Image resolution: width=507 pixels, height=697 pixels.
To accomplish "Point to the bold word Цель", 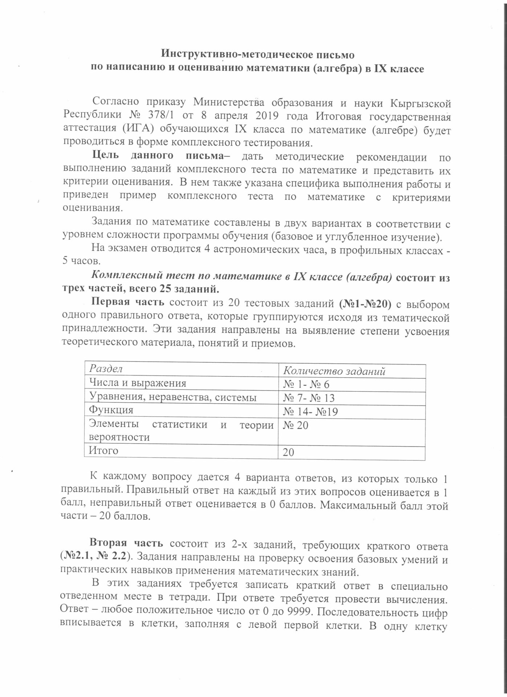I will point(106,157).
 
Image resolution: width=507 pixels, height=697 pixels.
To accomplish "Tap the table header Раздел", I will point(106,368).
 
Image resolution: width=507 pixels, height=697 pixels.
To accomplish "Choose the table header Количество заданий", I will point(334,371).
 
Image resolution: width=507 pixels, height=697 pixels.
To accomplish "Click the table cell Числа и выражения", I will point(138,383).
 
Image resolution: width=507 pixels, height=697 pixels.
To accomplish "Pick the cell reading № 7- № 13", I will point(309,398).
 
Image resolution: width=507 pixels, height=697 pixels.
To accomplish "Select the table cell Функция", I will point(111,410).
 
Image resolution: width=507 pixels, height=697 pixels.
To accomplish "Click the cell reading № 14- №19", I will point(311,411).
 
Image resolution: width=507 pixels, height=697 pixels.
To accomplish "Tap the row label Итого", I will point(104,451).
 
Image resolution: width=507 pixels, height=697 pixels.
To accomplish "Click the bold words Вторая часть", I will point(128,543).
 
